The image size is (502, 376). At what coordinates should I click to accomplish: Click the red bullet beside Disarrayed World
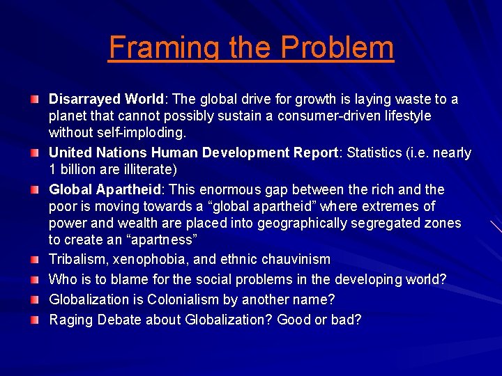[35, 100]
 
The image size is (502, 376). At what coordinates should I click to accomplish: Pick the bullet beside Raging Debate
[35, 321]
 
